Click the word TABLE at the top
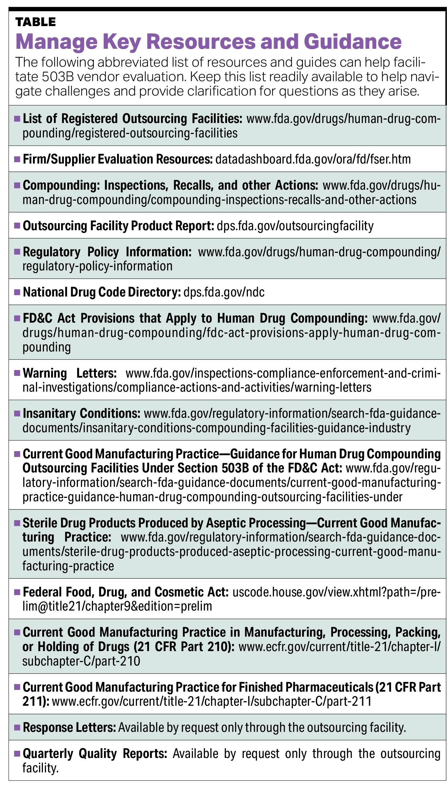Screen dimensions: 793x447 [35, 22]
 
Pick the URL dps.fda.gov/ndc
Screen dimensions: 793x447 [224, 292]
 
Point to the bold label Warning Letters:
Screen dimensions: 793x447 [70, 373]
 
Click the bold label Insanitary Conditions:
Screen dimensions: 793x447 [81, 413]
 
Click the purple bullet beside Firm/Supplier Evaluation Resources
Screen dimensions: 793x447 [17, 159]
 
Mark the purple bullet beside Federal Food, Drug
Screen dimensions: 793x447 [17, 592]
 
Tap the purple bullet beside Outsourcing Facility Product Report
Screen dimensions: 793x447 [17, 226]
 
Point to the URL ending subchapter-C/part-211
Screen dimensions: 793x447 [211, 701]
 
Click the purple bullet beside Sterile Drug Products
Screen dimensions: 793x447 [17, 523]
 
